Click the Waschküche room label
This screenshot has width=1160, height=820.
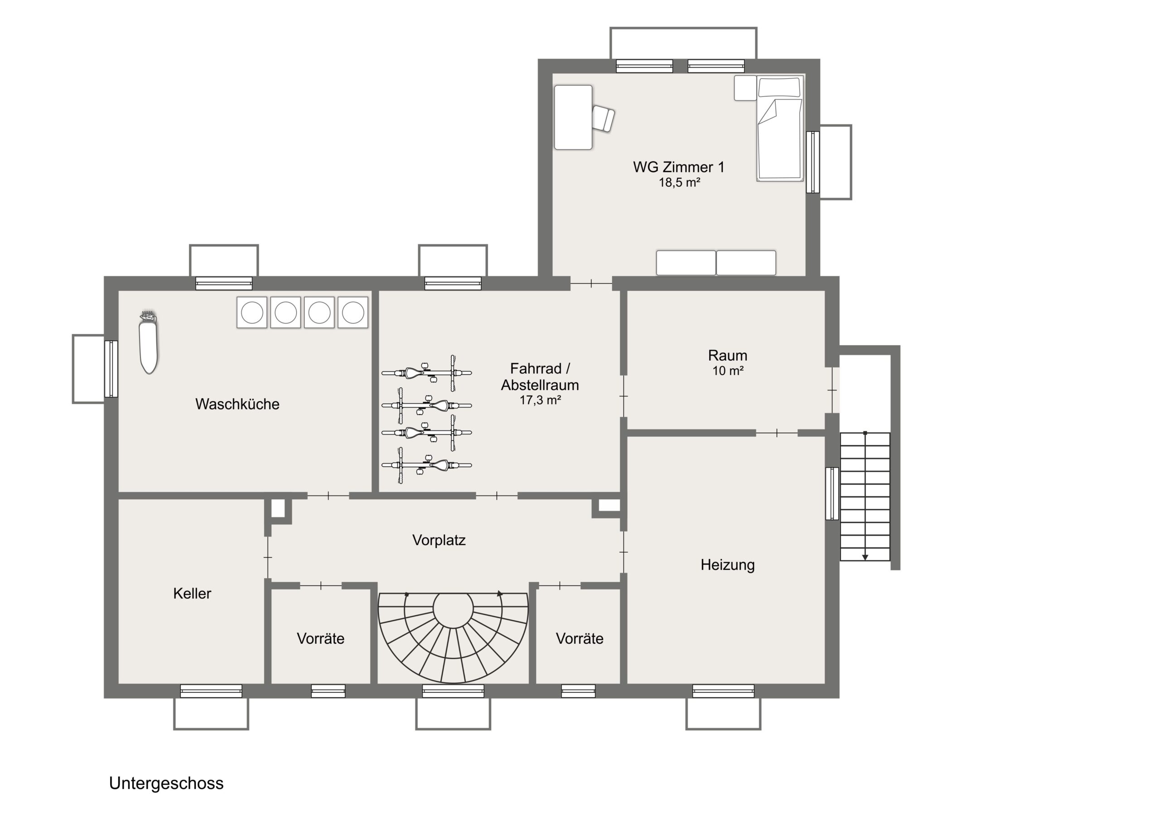point(237,404)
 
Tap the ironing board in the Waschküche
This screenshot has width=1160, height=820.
point(149,342)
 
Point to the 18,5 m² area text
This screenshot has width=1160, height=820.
point(679,183)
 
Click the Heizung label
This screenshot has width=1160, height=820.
point(728,565)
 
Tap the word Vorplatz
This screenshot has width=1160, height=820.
point(439,540)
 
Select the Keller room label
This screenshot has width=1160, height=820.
point(192,593)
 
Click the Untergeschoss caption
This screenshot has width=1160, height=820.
point(166,783)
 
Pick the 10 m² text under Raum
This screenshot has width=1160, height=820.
point(728,371)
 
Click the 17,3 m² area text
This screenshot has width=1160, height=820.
point(540,400)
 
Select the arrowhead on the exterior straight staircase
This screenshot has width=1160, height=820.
point(865,557)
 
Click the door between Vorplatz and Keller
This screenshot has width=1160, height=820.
point(268,557)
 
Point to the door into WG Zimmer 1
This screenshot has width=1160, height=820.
point(591,284)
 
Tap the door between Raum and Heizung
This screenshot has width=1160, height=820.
point(777,433)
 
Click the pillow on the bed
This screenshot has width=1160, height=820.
point(779,87)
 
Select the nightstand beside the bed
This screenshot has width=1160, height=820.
point(745,88)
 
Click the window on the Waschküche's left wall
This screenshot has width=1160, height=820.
point(111,369)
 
